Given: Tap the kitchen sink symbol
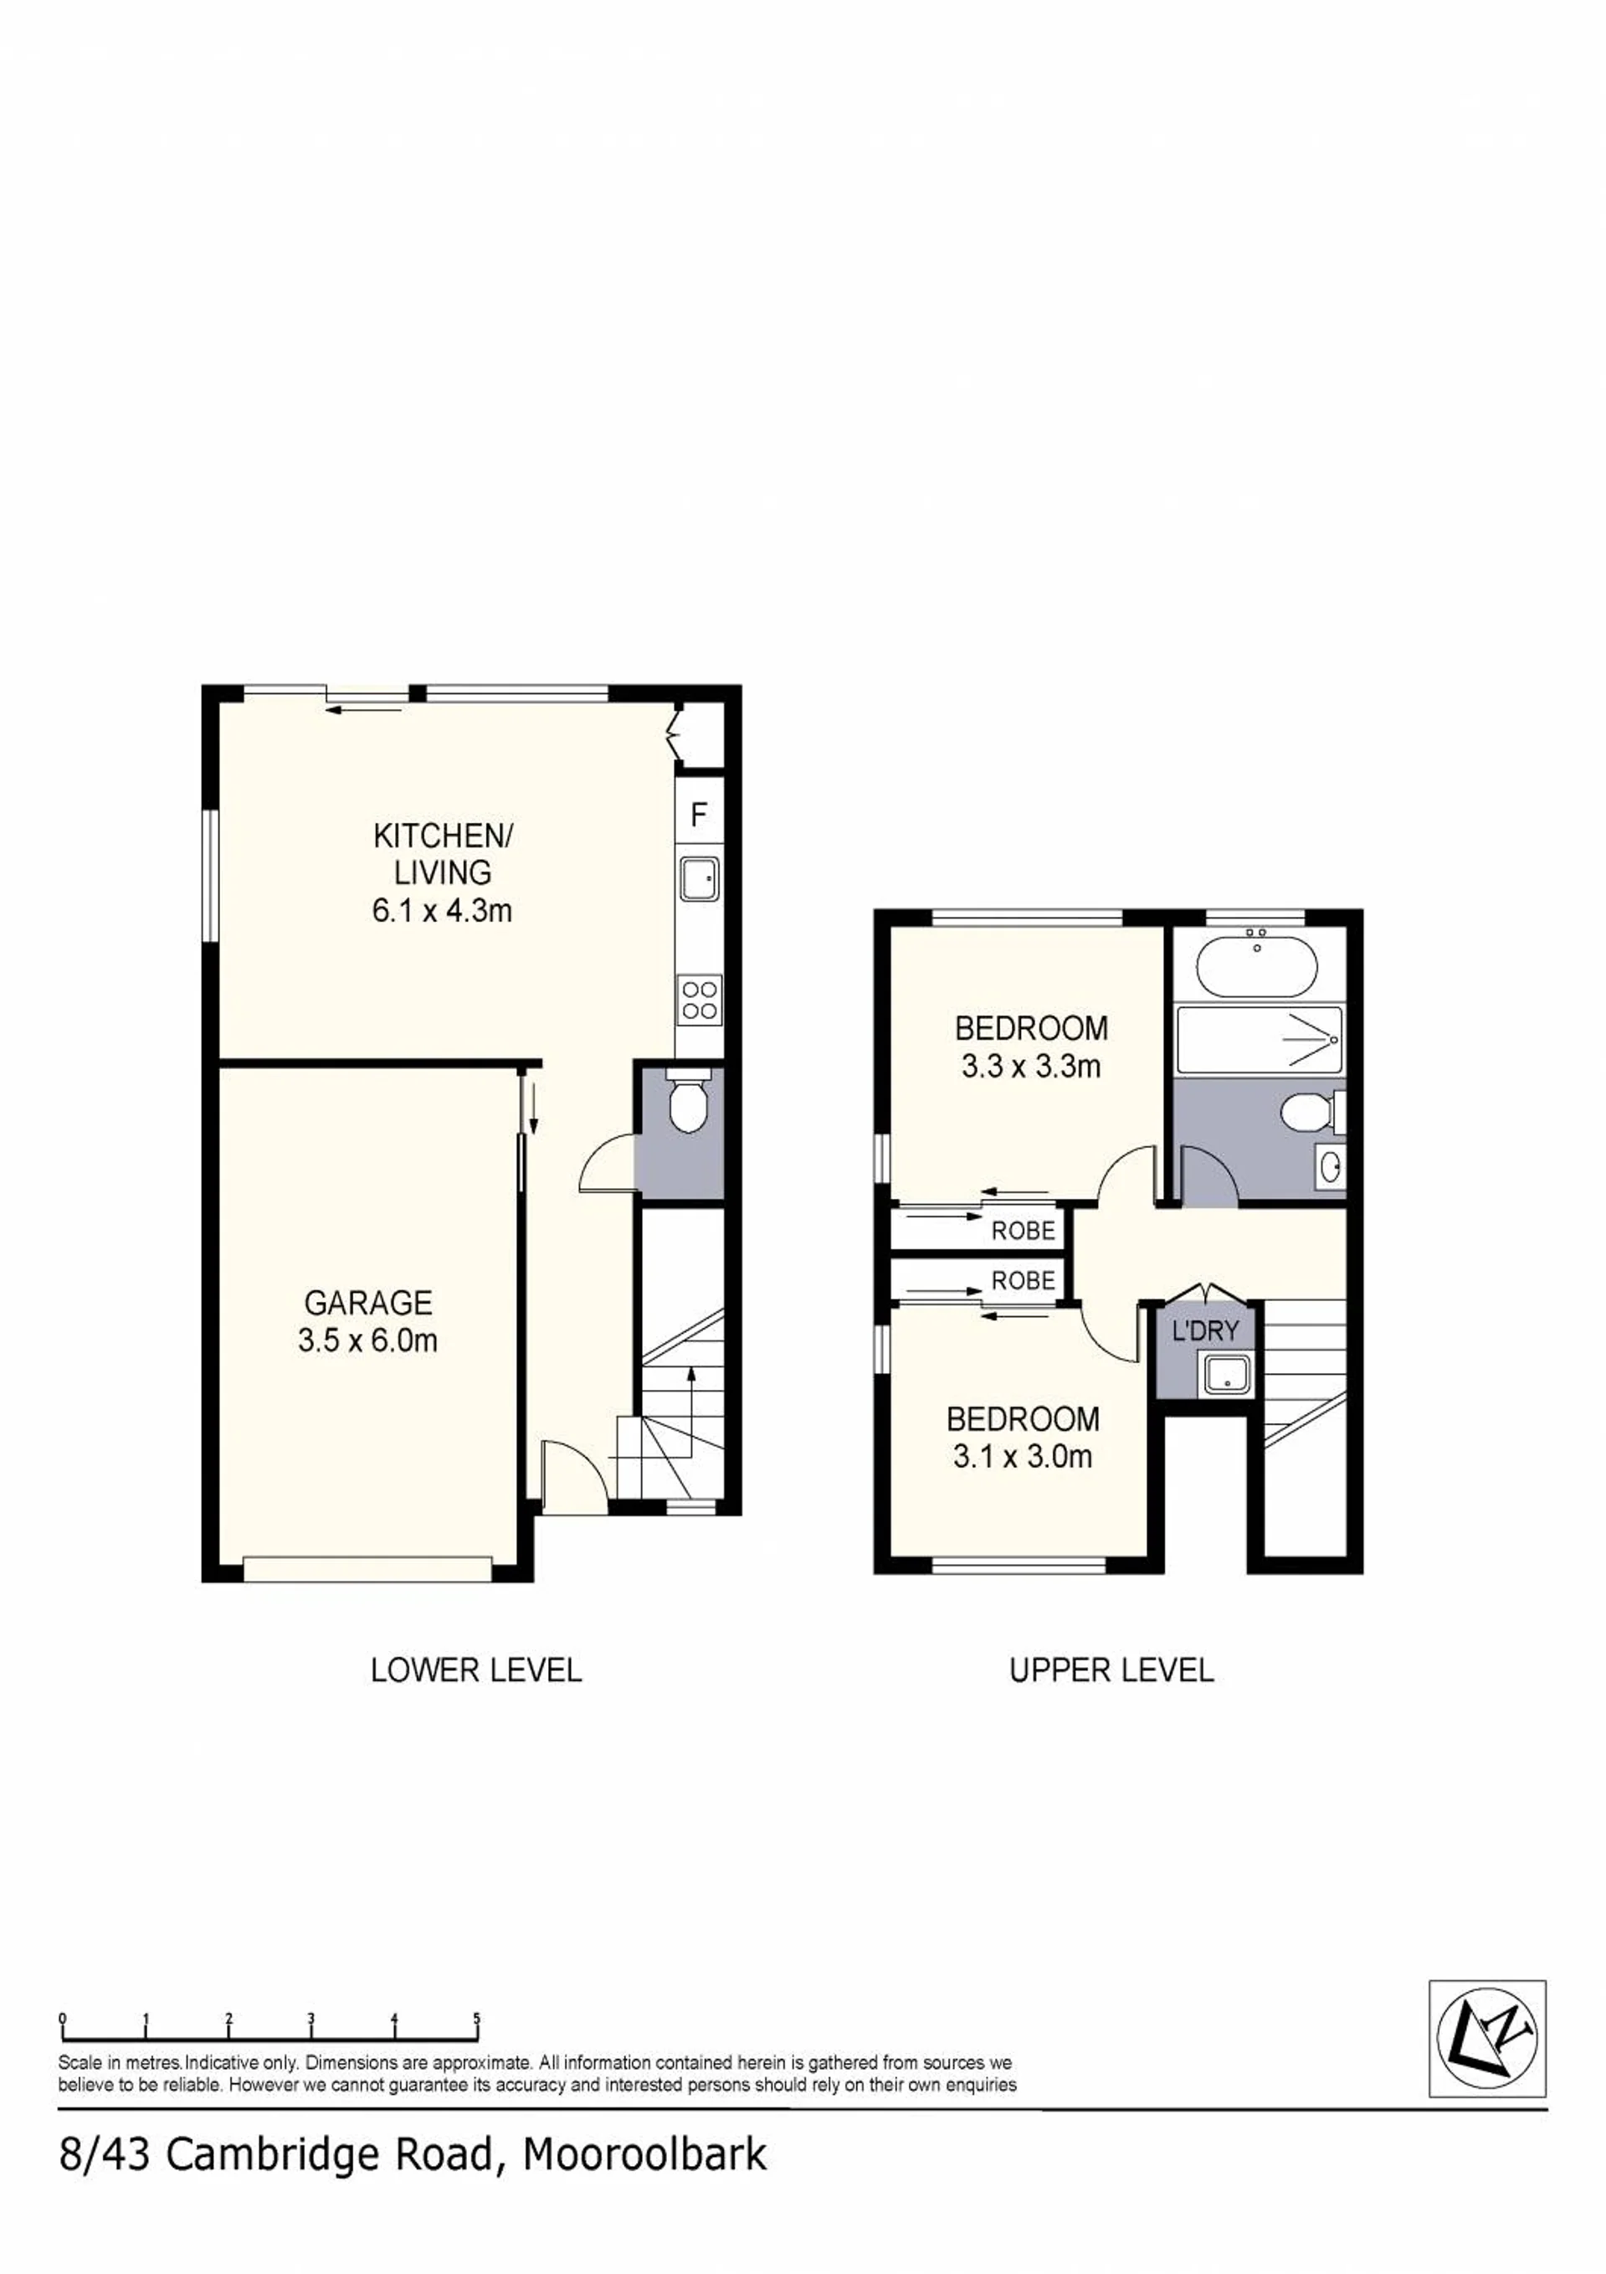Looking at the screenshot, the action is coord(699,878).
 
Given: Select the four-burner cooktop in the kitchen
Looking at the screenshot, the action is coord(699,1000).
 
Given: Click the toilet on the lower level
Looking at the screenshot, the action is coord(685,1100).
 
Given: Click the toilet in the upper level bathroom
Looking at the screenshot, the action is coord(1312,1111).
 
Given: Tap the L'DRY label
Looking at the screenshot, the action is coord(1205,1331).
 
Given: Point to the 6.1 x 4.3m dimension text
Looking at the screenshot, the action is coord(442,910).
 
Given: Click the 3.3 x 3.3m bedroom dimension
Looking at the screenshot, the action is coord(1031,1067).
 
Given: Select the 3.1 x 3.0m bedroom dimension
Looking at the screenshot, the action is coord(1022,1456).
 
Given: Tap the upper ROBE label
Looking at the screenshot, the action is coord(1023,1231).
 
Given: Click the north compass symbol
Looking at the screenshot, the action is coord(1486,2037).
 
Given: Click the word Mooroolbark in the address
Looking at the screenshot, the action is coord(644,2154).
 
